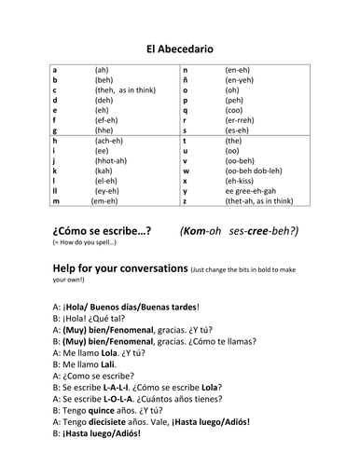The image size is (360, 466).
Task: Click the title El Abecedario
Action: click(x=180, y=48)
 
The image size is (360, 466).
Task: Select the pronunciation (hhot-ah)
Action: click(x=111, y=160)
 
